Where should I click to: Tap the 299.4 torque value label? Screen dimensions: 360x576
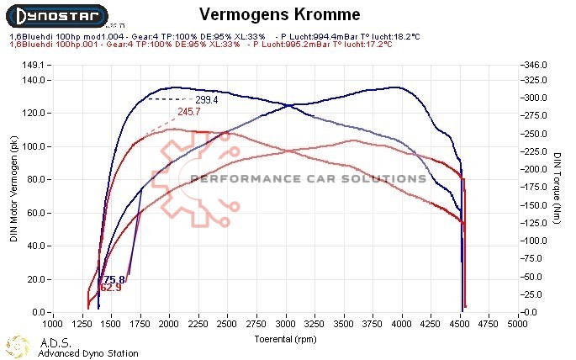pyautogui.click(x=207, y=100)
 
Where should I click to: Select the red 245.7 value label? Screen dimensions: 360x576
pyautogui.click(x=189, y=112)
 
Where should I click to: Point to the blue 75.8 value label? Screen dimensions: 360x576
pyautogui.click(x=114, y=279)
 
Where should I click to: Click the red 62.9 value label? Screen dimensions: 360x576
pyautogui.click(x=110, y=289)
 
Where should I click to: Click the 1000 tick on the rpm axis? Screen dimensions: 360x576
pyautogui.click(x=52, y=323)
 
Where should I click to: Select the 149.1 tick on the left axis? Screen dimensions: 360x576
pyautogui.click(x=30, y=65)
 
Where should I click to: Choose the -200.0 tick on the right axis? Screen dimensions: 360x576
pyautogui.click(x=536, y=169)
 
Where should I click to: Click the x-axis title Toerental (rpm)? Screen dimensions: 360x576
pyautogui.click(x=286, y=338)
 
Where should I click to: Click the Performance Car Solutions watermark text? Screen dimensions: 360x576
pyautogui.click(x=308, y=178)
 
